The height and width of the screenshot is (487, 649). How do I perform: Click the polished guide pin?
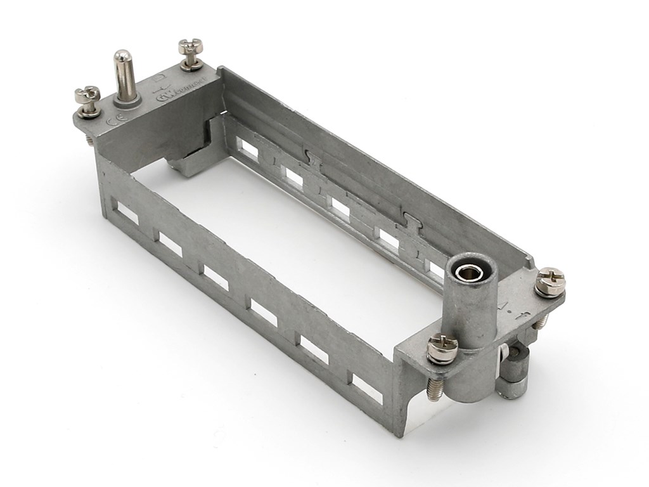coord(124,76)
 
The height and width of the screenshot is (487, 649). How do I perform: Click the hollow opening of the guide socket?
coord(470,271)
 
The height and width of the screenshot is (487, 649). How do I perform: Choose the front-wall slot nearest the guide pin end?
coord(127,214)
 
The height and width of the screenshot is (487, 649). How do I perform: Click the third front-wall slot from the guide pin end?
coord(215,278)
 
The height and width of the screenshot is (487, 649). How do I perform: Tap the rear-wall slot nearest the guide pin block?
coord(248,150)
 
